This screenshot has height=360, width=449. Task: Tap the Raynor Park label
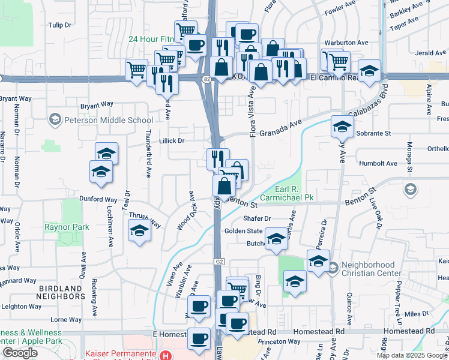[67, 227]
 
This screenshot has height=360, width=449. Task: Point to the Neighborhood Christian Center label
[369, 269]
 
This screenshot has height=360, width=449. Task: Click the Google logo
[20, 353]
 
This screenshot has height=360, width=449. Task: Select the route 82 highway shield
[206, 79]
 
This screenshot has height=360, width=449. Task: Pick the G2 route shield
[219, 262]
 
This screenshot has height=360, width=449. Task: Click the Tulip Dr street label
[60, 25]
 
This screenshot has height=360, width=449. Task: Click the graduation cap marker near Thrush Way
[139, 230]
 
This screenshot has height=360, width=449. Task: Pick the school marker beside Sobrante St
[342, 127]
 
